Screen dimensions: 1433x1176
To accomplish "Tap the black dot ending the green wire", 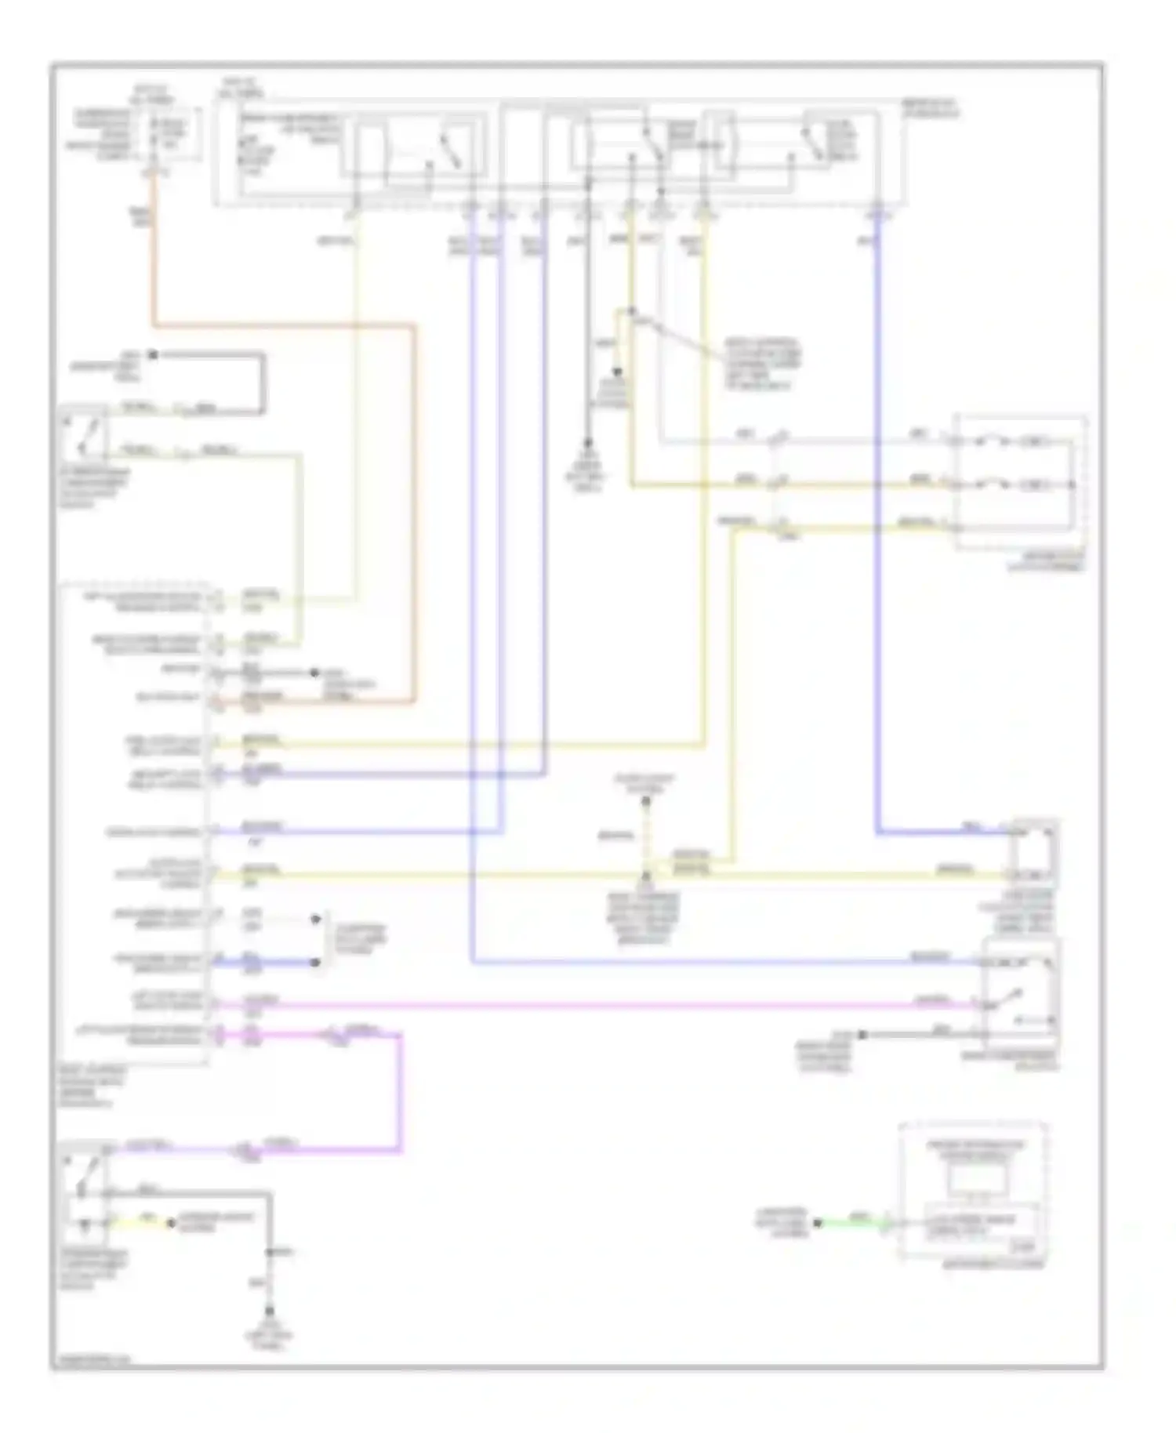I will click(817, 1223).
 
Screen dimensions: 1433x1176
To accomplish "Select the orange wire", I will click(282, 325).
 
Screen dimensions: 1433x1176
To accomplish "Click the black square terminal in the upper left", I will click(154, 355).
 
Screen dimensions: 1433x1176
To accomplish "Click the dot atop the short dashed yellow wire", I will click(647, 802).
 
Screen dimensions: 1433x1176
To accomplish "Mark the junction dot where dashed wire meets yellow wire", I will click(647, 874).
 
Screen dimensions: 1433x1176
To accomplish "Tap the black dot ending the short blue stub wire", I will click(318, 963).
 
